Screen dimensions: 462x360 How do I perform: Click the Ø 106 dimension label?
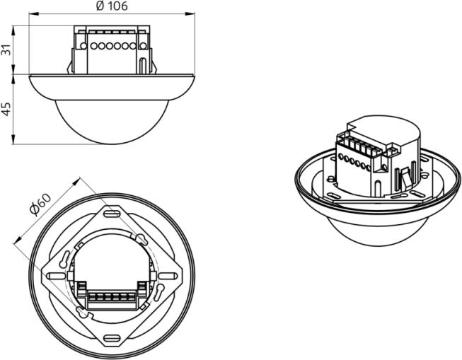tap(112, 6)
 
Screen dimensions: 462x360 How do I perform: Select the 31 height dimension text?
tap(6, 50)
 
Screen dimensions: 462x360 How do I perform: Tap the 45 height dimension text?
tap(6, 110)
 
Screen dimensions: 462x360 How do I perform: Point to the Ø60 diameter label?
tap(40, 204)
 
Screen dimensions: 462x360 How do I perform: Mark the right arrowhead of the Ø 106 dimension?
tap(190, 13)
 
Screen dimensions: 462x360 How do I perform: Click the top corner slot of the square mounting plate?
tap(112, 214)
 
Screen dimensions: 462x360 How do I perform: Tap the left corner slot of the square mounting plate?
tap(55, 276)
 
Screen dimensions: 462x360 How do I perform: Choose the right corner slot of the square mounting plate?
tap(168, 276)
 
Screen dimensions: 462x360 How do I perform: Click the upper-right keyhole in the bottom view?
tap(142, 239)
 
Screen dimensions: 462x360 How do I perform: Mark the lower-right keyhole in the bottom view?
tap(159, 292)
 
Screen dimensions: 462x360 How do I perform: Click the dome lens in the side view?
tap(112, 122)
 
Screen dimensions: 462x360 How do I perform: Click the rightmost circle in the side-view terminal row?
tap(143, 46)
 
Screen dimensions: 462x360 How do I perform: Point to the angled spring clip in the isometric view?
tap(408, 177)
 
